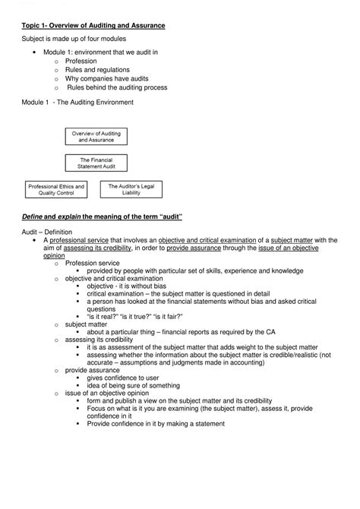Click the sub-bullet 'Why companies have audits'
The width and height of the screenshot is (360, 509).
106,78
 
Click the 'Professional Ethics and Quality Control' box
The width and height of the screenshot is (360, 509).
56,189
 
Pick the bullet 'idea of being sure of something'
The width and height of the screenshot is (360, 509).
134,387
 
